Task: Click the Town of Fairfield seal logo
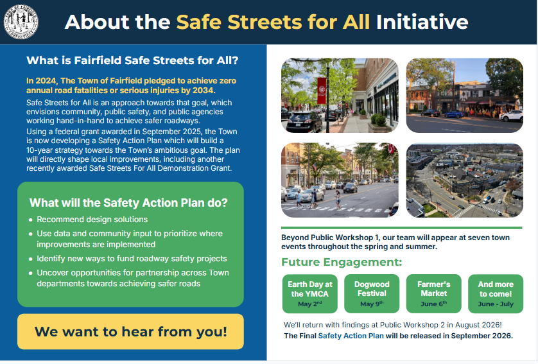(x=21, y=22)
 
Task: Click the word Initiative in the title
(x=422, y=22)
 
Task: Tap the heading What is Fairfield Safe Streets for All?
(x=132, y=60)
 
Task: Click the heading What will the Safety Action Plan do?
(x=128, y=203)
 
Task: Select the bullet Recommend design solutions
(x=92, y=220)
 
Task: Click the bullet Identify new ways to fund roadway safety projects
(x=132, y=259)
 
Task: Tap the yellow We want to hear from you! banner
(x=131, y=331)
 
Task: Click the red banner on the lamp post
(x=322, y=91)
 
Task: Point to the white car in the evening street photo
(x=512, y=116)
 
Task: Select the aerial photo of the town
(x=465, y=180)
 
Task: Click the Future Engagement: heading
(x=342, y=262)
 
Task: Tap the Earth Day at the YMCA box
(x=310, y=293)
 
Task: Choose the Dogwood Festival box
(x=372, y=293)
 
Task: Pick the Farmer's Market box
(x=434, y=293)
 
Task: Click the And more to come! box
(x=496, y=293)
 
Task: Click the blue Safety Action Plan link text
(x=351, y=336)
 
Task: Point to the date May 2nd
(x=310, y=304)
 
